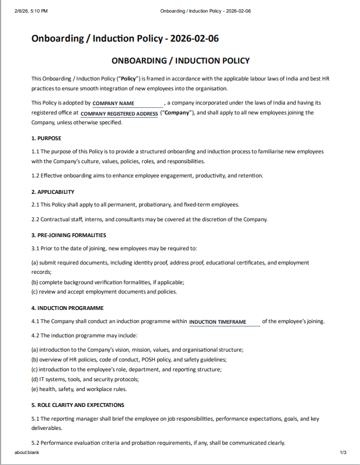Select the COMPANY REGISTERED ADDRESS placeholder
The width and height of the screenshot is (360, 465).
119,114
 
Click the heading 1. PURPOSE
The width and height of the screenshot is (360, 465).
46,138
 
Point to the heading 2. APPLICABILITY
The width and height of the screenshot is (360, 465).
53,192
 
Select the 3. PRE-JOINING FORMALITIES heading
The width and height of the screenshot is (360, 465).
68,235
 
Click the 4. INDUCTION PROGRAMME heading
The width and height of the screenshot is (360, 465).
67,308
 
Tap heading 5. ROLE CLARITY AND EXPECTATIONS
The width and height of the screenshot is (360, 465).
77,405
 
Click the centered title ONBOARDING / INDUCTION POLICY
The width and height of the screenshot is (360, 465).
180,61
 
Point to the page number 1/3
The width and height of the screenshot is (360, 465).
343,452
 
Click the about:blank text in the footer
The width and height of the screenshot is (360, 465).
27,452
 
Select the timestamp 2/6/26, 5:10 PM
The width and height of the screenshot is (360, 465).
32,11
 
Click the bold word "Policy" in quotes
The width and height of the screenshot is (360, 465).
130,79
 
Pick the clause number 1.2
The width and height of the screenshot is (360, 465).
36,176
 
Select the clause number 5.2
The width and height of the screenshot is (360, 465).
36,443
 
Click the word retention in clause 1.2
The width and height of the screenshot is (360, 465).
251,176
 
